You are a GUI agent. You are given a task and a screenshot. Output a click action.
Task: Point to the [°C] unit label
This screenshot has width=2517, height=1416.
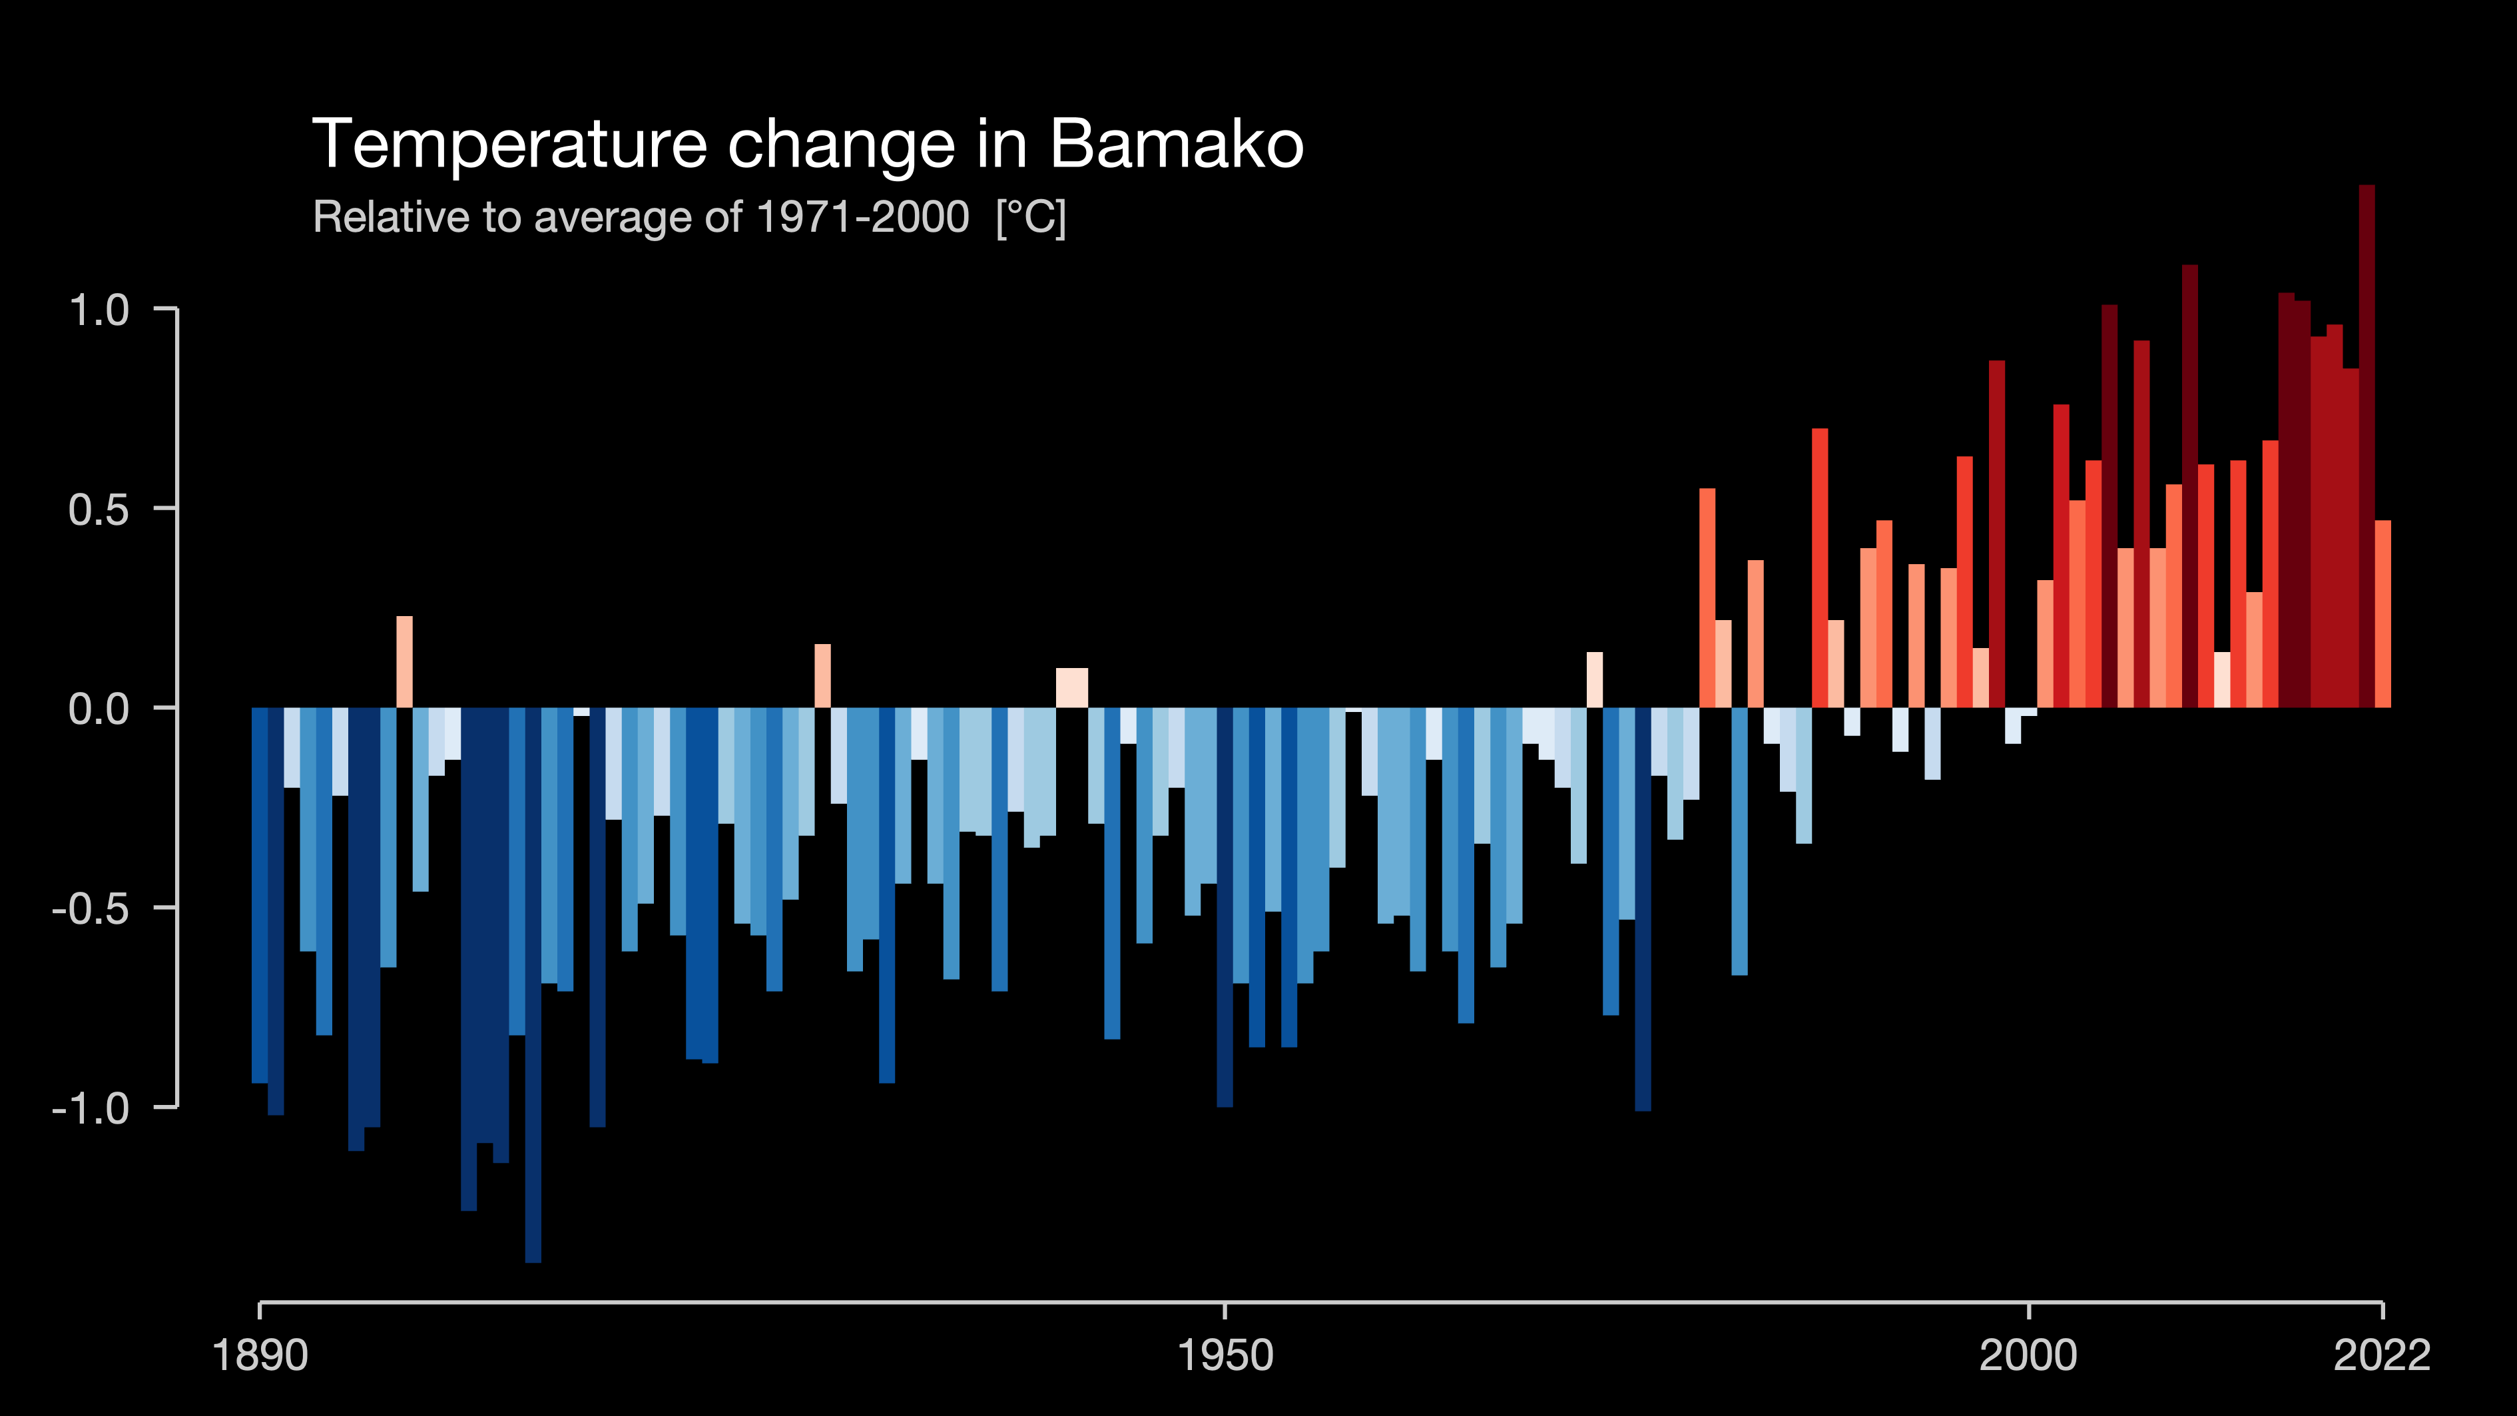(x=1031, y=218)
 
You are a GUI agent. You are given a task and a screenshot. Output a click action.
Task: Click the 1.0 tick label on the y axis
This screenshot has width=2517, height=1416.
(x=99, y=311)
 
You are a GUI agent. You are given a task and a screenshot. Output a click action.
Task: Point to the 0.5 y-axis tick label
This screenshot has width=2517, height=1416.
(x=99, y=510)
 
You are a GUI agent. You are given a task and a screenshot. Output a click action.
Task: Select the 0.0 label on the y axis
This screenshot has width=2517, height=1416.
(x=99, y=709)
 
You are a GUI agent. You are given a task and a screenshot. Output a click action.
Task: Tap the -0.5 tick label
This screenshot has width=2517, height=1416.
(x=91, y=909)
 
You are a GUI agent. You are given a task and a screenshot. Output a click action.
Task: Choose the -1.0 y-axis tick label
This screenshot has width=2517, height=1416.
(x=91, y=1109)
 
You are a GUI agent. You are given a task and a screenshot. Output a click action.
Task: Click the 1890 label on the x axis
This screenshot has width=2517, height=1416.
(x=260, y=1356)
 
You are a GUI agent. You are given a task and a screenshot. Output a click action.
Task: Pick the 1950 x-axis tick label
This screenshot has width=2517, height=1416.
(x=1225, y=1356)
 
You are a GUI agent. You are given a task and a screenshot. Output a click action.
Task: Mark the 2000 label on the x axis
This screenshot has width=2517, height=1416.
(x=2028, y=1356)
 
